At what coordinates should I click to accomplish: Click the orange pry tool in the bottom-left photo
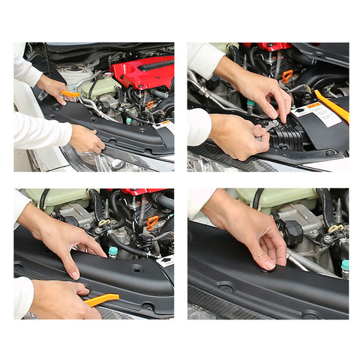(100, 300)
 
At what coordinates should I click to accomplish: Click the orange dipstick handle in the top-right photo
(287, 76)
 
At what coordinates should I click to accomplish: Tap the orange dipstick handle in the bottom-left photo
(152, 223)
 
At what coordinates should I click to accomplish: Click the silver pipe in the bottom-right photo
(308, 262)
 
